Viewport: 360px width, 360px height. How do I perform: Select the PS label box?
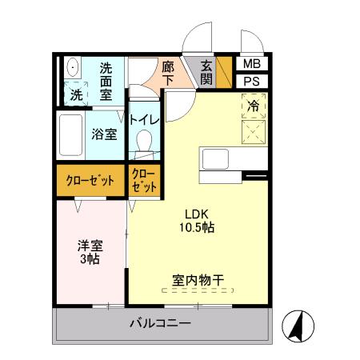click(x=251, y=81)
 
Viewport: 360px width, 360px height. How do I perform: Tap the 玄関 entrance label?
click(x=206, y=72)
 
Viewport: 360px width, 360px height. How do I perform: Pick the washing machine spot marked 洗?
click(x=76, y=93)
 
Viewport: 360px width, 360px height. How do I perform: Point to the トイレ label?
click(x=145, y=120)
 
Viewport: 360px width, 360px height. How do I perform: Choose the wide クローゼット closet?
click(x=90, y=181)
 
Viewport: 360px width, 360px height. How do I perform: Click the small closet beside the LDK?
click(x=143, y=180)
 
